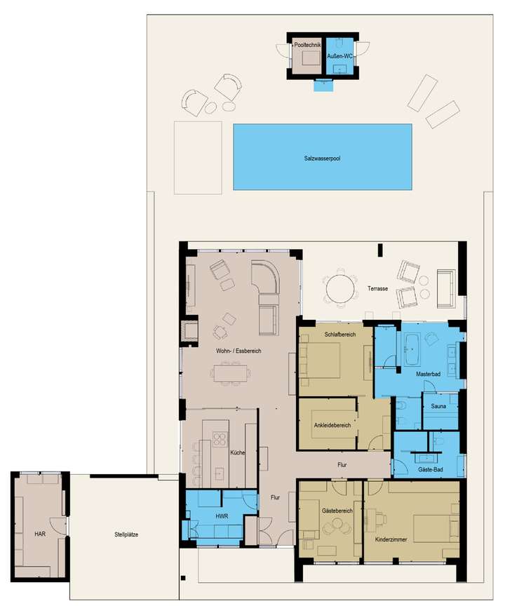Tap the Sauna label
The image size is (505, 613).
pos(440,406)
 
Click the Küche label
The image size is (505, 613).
pos(237,454)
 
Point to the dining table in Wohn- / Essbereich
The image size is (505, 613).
pos(231,372)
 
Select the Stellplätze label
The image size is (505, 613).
pos(126,534)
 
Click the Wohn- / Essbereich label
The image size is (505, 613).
pos(238,351)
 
